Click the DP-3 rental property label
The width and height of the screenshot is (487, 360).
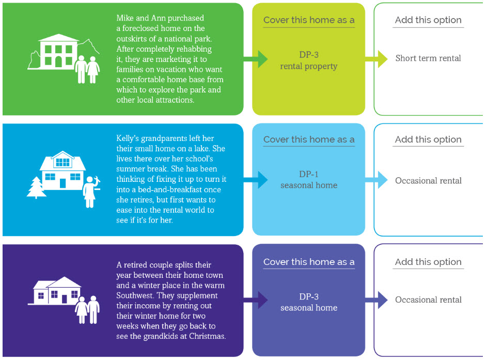(309, 60)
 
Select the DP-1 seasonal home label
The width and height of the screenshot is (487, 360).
(309, 180)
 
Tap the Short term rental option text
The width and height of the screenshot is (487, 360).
(428, 58)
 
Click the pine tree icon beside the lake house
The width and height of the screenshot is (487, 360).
(36, 187)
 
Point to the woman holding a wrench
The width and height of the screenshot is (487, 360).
(91, 192)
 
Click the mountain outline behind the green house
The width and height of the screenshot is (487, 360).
(88, 46)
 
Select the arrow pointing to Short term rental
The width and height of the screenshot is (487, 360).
(376, 59)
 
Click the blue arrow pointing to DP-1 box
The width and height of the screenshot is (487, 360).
(256, 180)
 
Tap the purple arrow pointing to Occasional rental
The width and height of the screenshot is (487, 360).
(376, 300)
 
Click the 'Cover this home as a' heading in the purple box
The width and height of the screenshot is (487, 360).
(309, 262)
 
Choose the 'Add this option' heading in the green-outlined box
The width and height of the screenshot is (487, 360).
(428, 20)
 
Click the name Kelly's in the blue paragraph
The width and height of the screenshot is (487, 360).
(128, 138)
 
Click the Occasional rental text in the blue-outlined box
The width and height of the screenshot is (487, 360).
(428, 180)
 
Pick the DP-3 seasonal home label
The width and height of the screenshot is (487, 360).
(309, 302)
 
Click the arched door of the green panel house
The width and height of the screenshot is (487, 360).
(58, 62)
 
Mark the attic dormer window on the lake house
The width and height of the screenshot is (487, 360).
(62, 162)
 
